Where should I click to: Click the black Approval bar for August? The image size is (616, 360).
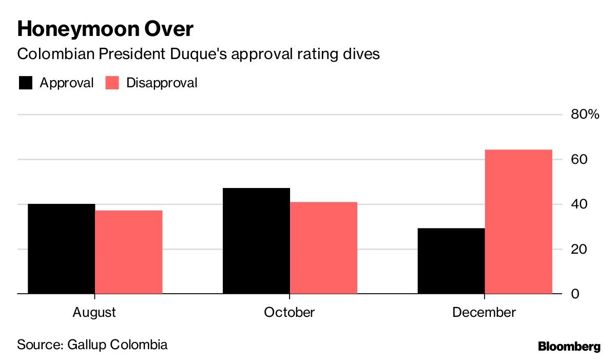pyautogui.click(x=61, y=249)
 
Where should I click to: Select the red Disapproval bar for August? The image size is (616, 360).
pyautogui.click(x=129, y=252)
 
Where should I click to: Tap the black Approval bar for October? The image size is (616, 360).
pyautogui.click(x=256, y=241)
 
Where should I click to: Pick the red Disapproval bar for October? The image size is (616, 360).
pyautogui.click(x=324, y=248)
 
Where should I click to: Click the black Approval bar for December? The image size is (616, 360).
pyautogui.click(x=451, y=261)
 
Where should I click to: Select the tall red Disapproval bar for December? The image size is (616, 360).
pyautogui.click(x=518, y=222)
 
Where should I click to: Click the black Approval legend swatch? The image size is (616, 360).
pyautogui.click(x=26, y=83)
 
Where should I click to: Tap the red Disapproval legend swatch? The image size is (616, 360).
pyautogui.click(x=112, y=83)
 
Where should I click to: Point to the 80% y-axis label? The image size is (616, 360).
pyautogui.click(x=585, y=114)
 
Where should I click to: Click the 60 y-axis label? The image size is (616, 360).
pyautogui.click(x=579, y=159)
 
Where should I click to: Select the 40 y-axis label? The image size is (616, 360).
pyautogui.click(x=579, y=204)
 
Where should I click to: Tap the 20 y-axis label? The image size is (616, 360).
pyautogui.click(x=579, y=249)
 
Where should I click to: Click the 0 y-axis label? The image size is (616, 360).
pyautogui.click(x=575, y=294)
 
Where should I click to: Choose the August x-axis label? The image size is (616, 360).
pyautogui.click(x=94, y=313)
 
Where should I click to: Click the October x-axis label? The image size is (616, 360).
pyautogui.click(x=290, y=312)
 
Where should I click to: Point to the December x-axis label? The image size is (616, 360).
pyautogui.click(x=484, y=312)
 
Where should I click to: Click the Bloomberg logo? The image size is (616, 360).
pyautogui.click(x=569, y=347)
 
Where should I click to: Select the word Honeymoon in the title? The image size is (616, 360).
pyautogui.click(x=79, y=30)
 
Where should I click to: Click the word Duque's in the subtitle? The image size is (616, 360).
pyautogui.click(x=199, y=54)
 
